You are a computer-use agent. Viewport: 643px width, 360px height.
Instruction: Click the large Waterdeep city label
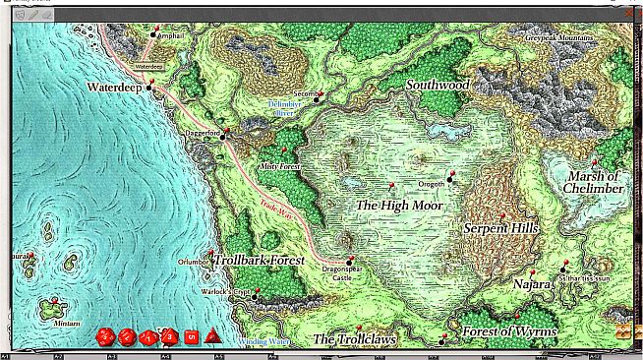(115, 87)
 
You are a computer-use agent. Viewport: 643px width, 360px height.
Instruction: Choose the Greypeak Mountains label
(558, 37)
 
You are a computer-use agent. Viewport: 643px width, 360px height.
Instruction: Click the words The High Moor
(398, 206)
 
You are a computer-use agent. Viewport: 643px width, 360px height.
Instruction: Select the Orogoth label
(431, 183)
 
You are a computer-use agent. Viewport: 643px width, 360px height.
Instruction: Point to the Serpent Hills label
(500, 228)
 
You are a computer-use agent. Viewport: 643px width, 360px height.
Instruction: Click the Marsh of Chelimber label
(595, 182)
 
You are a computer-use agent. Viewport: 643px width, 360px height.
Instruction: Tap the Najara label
(532, 284)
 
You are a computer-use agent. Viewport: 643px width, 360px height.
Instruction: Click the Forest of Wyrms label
(509, 331)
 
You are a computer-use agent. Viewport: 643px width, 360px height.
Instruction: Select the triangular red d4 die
(213, 337)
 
